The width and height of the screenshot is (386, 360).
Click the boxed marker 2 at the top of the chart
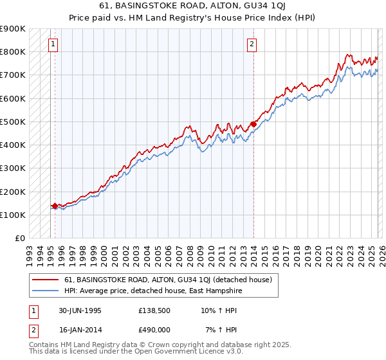pyautogui.click(x=252, y=44)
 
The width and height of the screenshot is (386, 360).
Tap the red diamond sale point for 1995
pyautogui.click(x=55, y=206)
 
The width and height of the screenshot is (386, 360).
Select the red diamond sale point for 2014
pyautogui.click(x=253, y=124)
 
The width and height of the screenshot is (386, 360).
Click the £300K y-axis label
pyautogui.click(x=13, y=168)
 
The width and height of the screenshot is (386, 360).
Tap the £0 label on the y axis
pyautogui.click(x=19, y=239)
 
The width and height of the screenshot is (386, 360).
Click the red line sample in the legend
pyautogui.click(x=45, y=280)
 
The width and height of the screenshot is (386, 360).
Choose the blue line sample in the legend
pyautogui.click(x=45, y=291)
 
